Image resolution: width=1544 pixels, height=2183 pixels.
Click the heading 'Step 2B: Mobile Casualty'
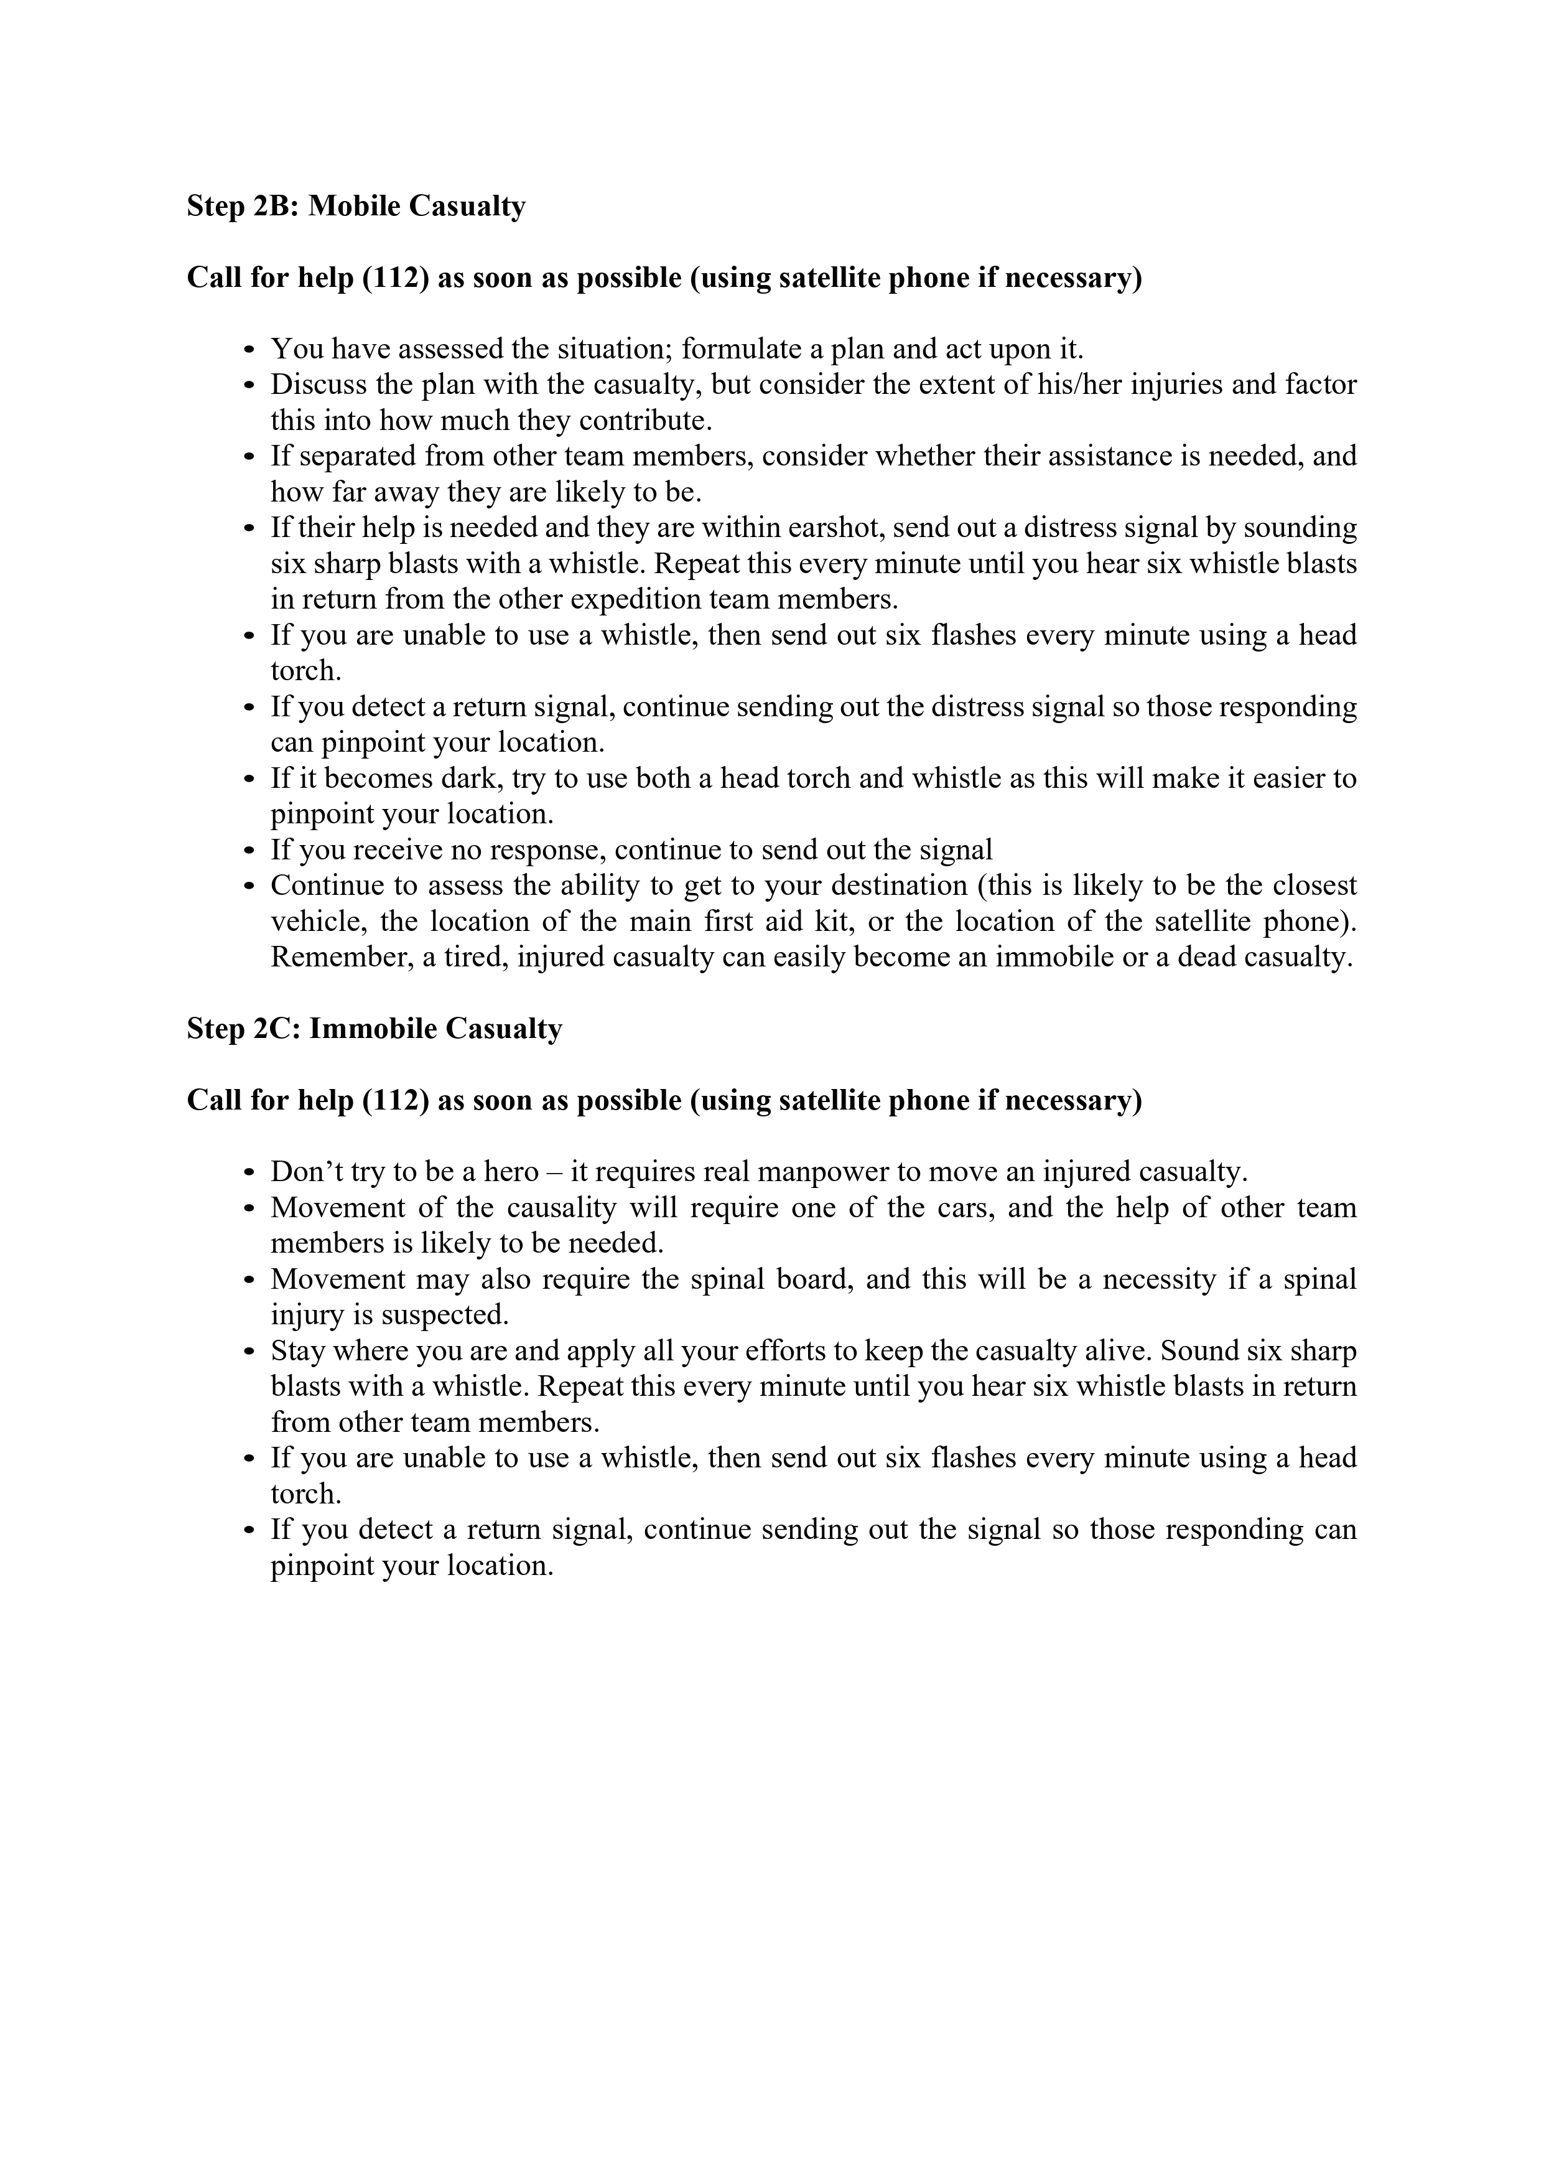[356, 207]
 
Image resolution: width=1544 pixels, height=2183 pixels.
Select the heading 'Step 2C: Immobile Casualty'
[374, 1029]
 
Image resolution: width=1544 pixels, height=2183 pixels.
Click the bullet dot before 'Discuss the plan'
[249, 386]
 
